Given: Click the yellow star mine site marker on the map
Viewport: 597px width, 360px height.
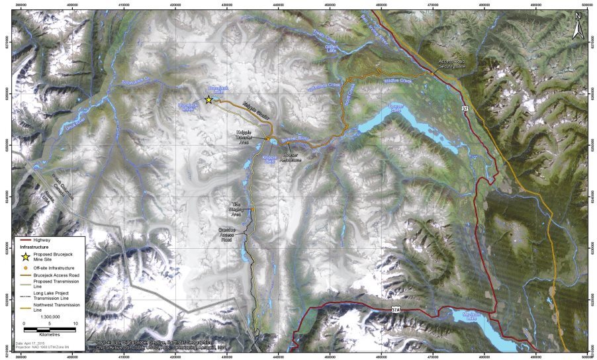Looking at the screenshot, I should (x=208, y=99).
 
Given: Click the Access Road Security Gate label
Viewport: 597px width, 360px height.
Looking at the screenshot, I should (x=451, y=64).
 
